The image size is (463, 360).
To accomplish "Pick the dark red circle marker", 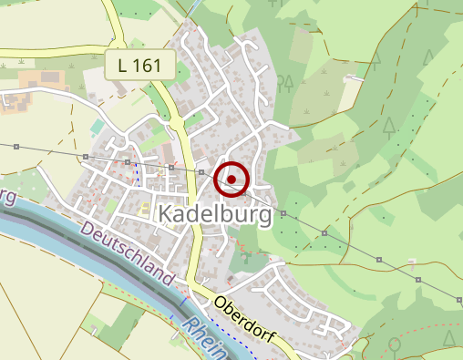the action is coord(231,180).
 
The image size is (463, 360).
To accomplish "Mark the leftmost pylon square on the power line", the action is coord(17,146).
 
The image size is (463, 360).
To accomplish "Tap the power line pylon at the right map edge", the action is coord(457,298).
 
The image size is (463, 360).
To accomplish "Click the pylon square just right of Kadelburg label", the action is coord(283,214).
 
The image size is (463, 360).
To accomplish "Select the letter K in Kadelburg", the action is coord(166,214).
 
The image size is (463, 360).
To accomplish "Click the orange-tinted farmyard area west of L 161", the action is coord(41,80).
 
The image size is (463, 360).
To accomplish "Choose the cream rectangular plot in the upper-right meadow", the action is coord(351,91).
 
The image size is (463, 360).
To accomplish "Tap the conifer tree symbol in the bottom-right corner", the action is coord(448,337).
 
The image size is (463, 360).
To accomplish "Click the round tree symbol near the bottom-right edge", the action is coord(395,345).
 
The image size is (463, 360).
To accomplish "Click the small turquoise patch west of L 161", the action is coord(98,127).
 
